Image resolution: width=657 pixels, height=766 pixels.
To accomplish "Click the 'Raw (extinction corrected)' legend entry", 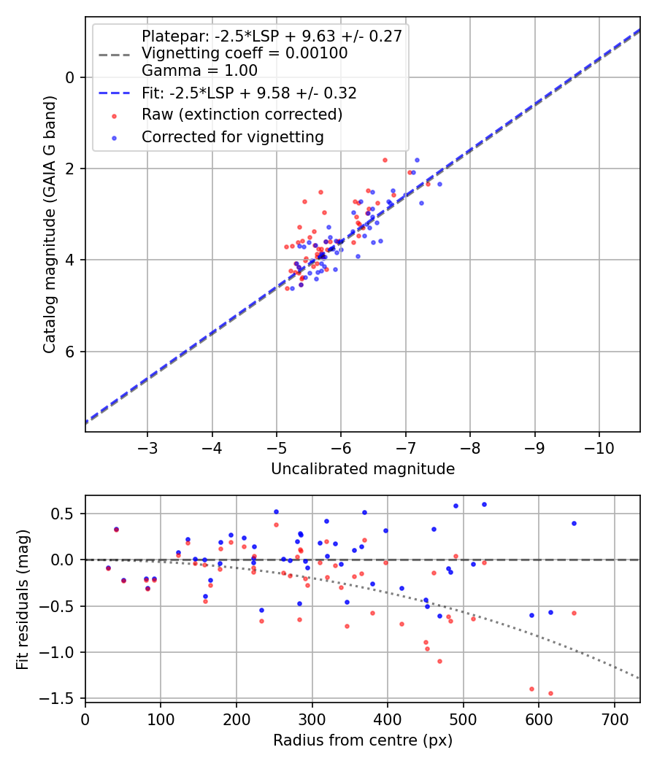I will (242, 115).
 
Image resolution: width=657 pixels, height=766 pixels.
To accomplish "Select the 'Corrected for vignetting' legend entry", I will (232, 136).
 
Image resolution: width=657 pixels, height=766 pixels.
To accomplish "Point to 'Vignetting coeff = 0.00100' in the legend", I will (245, 53).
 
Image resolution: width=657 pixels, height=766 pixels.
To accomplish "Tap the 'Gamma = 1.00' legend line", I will (199, 71).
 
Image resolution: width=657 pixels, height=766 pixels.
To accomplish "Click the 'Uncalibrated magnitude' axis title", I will (363, 469).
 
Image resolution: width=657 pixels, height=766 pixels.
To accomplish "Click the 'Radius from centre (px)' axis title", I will (363, 740).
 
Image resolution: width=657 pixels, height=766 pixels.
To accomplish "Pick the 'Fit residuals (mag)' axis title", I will (23, 598).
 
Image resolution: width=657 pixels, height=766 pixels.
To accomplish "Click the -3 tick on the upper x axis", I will (147, 446).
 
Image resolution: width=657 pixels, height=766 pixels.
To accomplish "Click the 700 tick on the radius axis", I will (614, 718).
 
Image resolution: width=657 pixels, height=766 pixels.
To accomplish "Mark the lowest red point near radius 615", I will (550, 693).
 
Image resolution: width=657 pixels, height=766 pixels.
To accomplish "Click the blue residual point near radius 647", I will (574, 523).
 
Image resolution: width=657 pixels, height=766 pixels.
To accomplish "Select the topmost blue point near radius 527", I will (484, 504).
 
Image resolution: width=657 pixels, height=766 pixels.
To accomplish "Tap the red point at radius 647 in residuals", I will (574, 613).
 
